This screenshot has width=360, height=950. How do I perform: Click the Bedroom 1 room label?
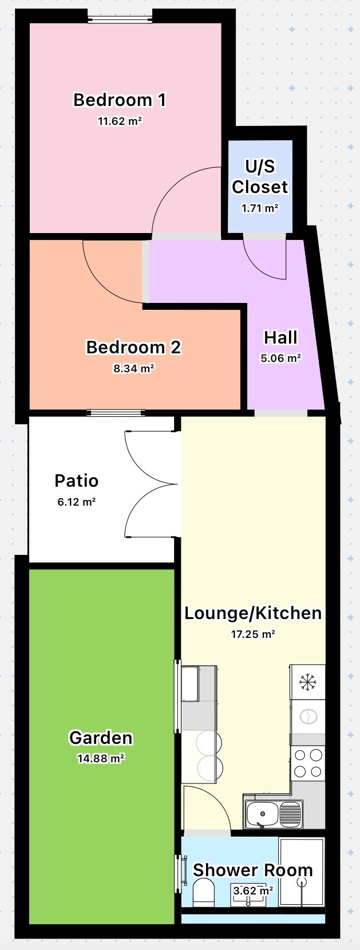120,100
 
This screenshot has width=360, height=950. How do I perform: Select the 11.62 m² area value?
120,121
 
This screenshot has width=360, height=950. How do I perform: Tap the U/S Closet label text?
260,176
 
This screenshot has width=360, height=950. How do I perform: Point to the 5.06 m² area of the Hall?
280,358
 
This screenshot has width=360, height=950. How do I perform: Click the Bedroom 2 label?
133,347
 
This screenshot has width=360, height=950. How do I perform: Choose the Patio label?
76,480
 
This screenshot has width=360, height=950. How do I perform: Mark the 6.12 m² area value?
76,502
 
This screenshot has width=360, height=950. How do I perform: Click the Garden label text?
101,738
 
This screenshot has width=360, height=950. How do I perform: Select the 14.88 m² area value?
101,759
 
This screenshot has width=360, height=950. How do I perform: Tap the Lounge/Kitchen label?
253,613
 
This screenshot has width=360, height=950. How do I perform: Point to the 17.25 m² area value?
253,634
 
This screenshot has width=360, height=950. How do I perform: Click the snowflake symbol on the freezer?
308,682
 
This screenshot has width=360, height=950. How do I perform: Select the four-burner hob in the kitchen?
308,763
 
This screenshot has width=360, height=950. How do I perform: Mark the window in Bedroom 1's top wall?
120,19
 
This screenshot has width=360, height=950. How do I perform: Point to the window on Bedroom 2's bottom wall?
116,413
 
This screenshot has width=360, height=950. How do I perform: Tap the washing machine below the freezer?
308,716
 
